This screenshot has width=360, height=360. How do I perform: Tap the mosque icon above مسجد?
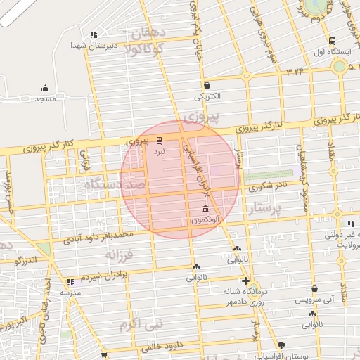point(46,89)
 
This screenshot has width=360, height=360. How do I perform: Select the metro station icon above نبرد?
point(159,140)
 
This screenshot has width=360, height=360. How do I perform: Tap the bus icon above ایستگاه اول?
point(332,41)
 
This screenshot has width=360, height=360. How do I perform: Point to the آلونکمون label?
point(204,220)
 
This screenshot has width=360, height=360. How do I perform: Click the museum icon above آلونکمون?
point(205,210)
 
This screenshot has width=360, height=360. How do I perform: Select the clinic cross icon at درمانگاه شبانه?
point(245,281)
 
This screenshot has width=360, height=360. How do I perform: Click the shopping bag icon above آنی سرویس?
point(314,289)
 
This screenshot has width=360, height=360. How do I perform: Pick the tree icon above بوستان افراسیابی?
point(282,345)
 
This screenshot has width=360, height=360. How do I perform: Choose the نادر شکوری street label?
point(260,186)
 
